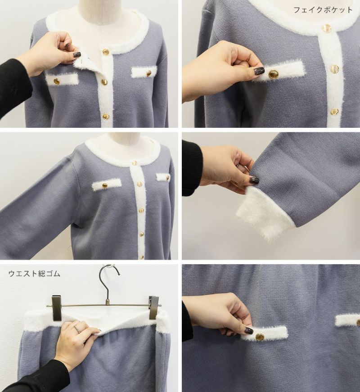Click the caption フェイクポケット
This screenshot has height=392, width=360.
pos(323,10)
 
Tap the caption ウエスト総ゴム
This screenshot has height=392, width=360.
pos(34,274)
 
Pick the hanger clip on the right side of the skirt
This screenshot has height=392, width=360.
pos(154,307)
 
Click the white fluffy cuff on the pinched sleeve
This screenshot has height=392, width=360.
pos(265,214)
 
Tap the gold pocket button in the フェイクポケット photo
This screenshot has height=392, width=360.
pos(273,74)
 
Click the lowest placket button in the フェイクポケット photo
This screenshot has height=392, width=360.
pos(334,111)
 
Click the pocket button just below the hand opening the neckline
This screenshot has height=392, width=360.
pos(57,81)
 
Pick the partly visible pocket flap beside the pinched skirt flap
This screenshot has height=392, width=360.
pos(347,320)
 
